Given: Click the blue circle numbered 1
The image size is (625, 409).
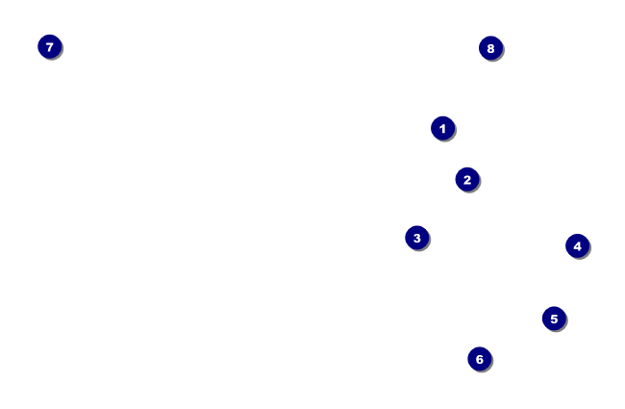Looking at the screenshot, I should pyautogui.click(x=442, y=128).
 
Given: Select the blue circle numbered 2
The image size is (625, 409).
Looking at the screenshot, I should pyautogui.click(x=467, y=179).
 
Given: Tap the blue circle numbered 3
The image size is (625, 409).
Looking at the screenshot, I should pyautogui.click(x=416, y=238).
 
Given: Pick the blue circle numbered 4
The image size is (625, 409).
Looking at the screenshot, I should pyautogui.click(x=577, y=246).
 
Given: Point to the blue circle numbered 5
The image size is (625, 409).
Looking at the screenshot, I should pyautogui.click(x=554, y=319).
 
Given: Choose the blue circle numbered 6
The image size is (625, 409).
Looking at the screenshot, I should pyautogui.click(x=480, y=359).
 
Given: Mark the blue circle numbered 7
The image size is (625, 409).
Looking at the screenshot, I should pyautogui.click(x=50, y=46).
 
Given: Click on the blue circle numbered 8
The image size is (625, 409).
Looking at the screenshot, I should pyautogui.click(x=490, y=48).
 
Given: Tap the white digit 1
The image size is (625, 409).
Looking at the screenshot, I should pyautogui.click(x=442, y=128).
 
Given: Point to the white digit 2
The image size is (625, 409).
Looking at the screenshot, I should pyautogui.click(x=467, y=179).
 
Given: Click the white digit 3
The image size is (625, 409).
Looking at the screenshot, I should pyautogui.click(x=416, y=238).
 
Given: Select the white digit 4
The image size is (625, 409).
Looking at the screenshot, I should pyautogui.click(x=577, y=246).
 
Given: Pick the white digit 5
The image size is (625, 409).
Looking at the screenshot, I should pyautogui.click(x=554, y=319).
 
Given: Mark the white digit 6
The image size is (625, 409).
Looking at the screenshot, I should pyautogui.click(x=480, y=359).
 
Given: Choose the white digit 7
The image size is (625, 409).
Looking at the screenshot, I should pyautogui.click(x=50, y=46).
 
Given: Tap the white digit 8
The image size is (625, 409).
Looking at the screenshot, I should pyautogui.click(x=490, y=48).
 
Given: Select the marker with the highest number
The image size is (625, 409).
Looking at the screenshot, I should pyautogui.click(x=490, y=48).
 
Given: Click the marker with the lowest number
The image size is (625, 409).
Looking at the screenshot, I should pyautogui.click(x=442, y=128).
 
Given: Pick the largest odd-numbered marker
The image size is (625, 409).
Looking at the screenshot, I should pyautogui.click(x=50, y=46).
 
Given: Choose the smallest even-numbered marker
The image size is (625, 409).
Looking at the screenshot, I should pyautogui.click(x=467, y=179).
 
